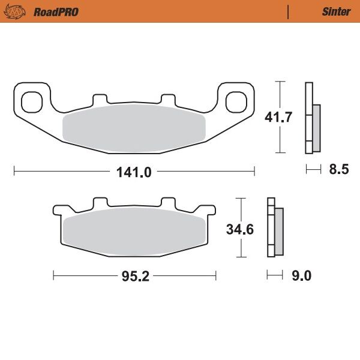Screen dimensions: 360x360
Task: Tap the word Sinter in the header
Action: tap(336, 11)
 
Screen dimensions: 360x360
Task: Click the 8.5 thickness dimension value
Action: tap(338, 170)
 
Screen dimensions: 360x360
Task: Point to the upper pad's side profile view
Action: tap(312, 118)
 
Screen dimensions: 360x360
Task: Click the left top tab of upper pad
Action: tap(99, 99)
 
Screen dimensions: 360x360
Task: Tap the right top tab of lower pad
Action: tap(167, 204)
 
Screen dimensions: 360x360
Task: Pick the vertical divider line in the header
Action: tap(289, 11)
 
